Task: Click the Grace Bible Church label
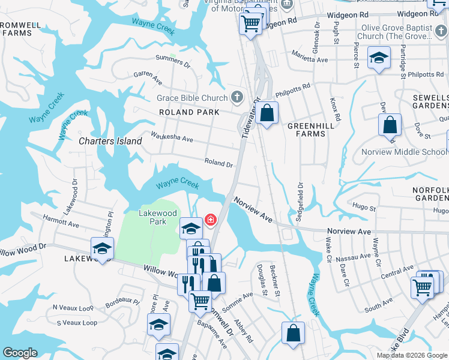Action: click(x=192, y=98)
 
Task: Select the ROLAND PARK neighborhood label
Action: click(x=185, y=112)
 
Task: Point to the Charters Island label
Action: click(x=111, y=142)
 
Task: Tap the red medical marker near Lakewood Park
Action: click(x=211, y=220)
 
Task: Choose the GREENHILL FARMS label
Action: click(x=306, y=130)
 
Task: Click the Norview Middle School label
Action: click(x=404, y=152)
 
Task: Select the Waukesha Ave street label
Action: click(x=172, y=137)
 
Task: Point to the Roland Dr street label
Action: click(x=218, y=162)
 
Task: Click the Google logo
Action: click(x=20, y=353)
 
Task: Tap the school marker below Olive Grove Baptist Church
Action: click(x=378, y=58)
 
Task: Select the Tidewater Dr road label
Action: click(x=252, y=118)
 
